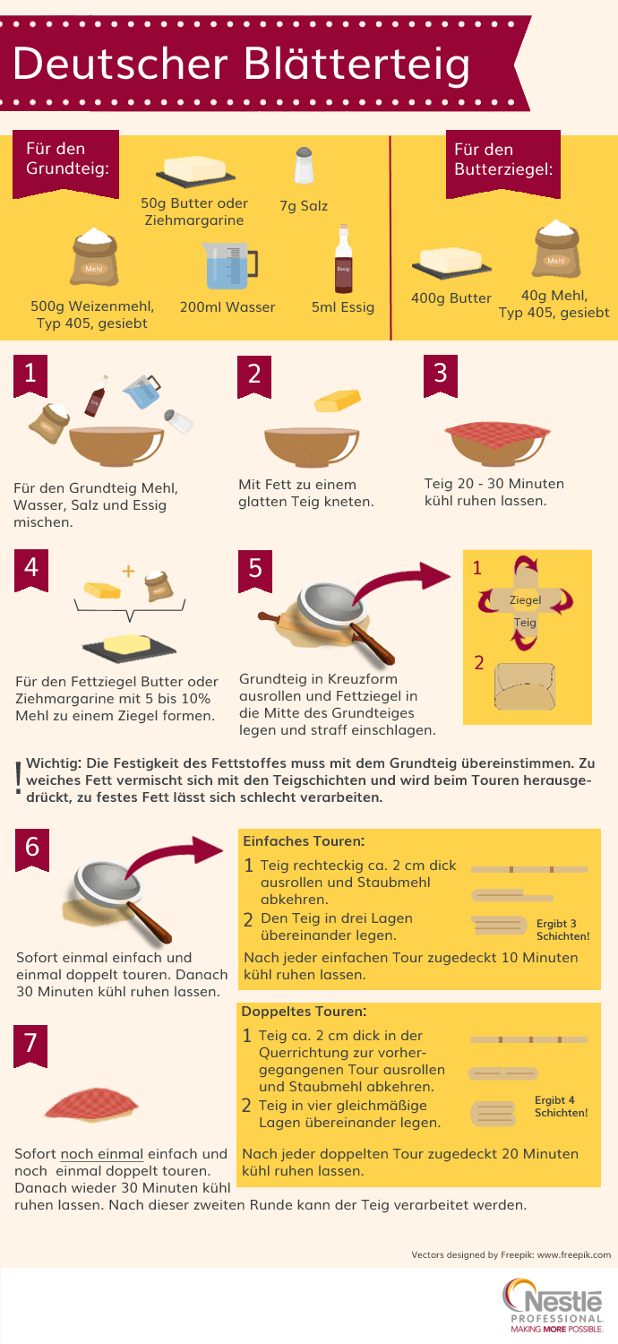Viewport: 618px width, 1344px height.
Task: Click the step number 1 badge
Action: coord(30,375)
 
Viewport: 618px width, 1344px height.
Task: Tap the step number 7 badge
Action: coord(30,1046)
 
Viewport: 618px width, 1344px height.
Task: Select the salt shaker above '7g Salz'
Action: coord(305,165)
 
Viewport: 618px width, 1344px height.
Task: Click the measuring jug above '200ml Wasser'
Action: coord(228,265)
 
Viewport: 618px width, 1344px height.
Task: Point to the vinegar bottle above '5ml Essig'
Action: coord(343,259)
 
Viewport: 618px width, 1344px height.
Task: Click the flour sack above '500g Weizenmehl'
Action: coord(94,257)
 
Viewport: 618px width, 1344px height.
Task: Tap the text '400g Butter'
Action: coord(451,298)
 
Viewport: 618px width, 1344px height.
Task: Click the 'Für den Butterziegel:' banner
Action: coord(502,163)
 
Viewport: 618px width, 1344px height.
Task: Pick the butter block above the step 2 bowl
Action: coord(338,401)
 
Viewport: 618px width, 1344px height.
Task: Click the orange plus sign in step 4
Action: coord(128,572)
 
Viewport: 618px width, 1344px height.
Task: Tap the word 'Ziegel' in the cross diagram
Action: coord(525,600)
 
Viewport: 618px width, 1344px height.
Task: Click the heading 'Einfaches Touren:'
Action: coord(304,841)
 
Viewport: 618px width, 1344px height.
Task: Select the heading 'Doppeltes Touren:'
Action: coord(304,1012)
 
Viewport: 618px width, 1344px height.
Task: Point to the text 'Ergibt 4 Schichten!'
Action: coord(561,1107)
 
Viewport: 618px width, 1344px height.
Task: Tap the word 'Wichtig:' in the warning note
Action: coord(54,763)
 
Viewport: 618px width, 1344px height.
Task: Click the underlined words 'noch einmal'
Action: coord(102,1154)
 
